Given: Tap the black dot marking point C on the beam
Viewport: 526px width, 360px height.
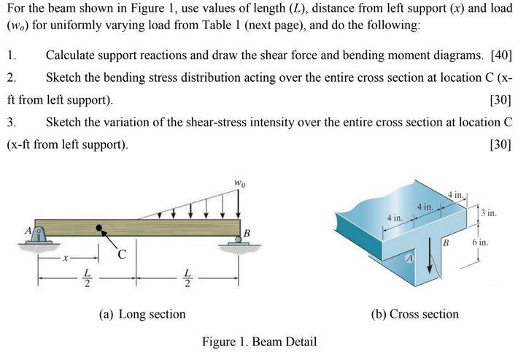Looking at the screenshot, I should pyautogui.click(x=99, y=229).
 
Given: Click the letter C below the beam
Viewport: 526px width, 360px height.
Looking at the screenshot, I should pyautogui.click(x=123, y=255).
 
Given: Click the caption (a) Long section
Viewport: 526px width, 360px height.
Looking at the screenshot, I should pyautogui.click(x=142, y=314).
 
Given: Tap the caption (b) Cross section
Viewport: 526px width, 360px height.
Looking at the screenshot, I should pyautogui.click(x=415, y=314).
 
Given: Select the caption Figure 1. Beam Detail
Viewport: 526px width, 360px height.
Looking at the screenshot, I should pyautogui.click(x=259, y=341).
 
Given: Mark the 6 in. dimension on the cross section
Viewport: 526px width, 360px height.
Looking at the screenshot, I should pyautogui.click(x=479, y=242).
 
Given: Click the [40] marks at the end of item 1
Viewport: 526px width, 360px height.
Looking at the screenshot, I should pyautogui.click(x=501, y=55).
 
